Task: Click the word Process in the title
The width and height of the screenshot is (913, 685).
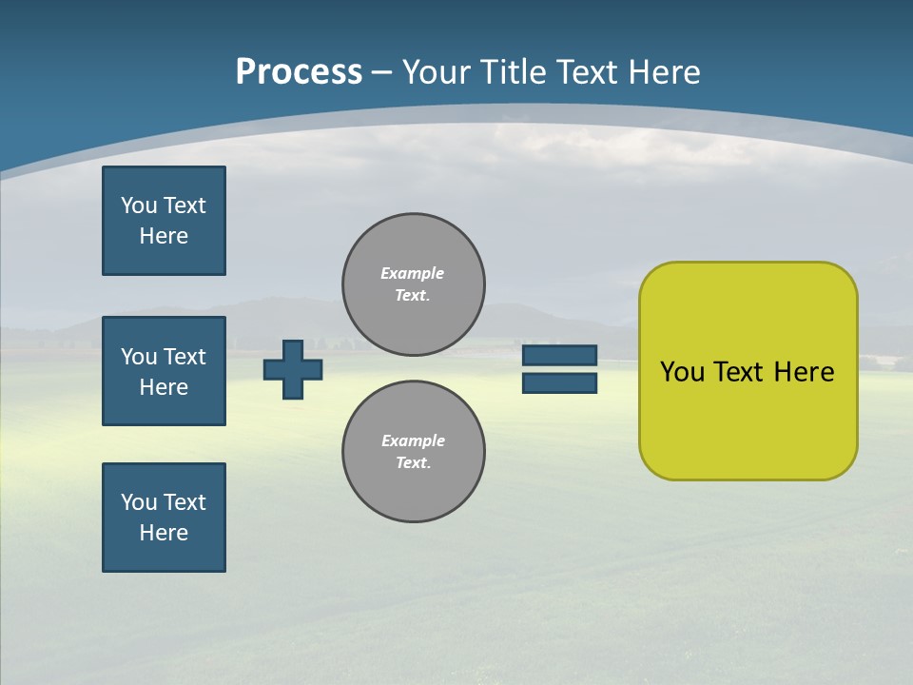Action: [299, 72]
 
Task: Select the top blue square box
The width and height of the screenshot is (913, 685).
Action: [164, 221]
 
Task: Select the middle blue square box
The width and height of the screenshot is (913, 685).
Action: [164, 371]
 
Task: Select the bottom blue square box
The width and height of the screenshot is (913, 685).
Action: [164, 518]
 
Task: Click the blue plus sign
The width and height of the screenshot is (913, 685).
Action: [293, 370]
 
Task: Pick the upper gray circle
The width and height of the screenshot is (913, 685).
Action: [414, 284]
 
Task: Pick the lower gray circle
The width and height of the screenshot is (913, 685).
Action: [414, 452]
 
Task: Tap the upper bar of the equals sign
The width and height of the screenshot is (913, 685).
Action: [559, 356]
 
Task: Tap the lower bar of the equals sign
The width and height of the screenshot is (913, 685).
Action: [559, 383]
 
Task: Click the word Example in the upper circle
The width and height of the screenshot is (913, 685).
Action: [412, 273]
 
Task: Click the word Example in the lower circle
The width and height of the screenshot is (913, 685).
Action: [413, 440]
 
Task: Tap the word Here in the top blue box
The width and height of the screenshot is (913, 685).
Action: [164, 236]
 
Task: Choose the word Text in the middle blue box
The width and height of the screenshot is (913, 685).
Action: [184, 357]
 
